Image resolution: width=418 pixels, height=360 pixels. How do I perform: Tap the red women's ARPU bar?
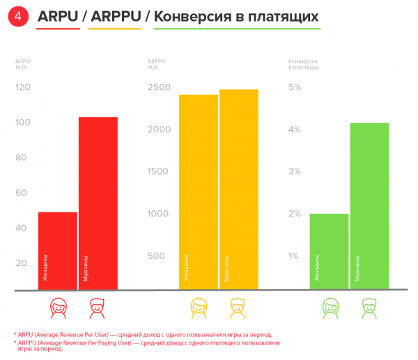click(x=58, y=251)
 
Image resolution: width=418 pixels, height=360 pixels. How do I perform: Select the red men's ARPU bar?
click(x=98, y=203)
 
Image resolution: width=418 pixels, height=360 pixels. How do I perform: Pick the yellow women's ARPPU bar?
click(x=199, y=191)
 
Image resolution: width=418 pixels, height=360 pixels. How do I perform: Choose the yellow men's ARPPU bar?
click(x=239, y=189)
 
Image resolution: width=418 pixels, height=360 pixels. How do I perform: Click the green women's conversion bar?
click(x=330, y=251)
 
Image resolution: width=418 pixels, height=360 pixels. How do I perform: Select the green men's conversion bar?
click(x=369, y=205)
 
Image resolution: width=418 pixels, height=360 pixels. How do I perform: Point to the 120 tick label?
click(x=23, y=88)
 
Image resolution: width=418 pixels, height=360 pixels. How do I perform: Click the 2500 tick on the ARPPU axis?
click(x=160, y=88)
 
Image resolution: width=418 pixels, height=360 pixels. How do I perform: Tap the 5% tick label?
click(x=294, y=88)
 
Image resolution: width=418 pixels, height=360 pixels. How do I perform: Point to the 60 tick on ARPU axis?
click(x=21, y=193)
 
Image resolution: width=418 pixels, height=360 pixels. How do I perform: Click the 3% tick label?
click(x=294, y=172)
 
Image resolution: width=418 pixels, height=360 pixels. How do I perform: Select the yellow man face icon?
click(x=239, y=306)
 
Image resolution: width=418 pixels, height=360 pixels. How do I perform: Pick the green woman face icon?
click(x=330, y=306)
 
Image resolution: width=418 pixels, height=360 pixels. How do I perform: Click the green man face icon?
click(x=369, y=306)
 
